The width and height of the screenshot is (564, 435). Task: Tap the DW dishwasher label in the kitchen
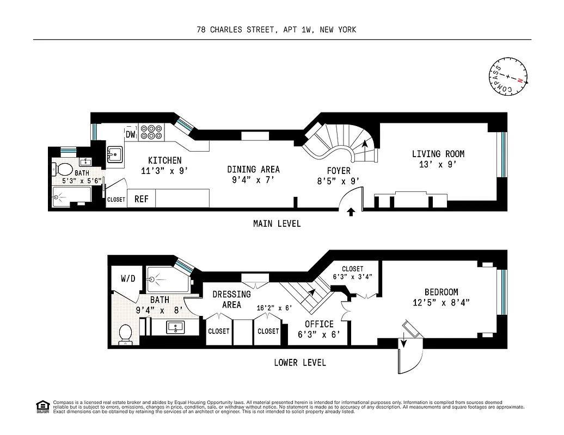coord(131,134)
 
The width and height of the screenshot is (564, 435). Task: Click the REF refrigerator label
coord(142,199)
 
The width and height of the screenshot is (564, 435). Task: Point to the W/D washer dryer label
coord(128,278)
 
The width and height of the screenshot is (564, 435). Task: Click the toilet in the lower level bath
coord(125,334)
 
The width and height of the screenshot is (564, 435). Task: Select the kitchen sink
coord(115,156)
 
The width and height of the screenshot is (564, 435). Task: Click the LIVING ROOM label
coord(438,154)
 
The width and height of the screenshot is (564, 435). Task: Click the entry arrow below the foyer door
coord(351,212)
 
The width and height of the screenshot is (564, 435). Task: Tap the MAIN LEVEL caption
coord(277,223)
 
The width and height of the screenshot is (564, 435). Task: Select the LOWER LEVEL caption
coord(300,363)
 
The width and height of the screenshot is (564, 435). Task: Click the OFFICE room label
coord(319,324)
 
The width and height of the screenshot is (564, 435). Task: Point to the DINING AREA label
coord(253,169)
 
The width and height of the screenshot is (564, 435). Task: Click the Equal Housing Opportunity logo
coord(42,406)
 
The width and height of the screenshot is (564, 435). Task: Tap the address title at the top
coord(277,29)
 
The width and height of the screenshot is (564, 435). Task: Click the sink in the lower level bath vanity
coord(175,327)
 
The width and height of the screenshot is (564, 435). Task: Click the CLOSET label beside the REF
coord(116,200)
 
